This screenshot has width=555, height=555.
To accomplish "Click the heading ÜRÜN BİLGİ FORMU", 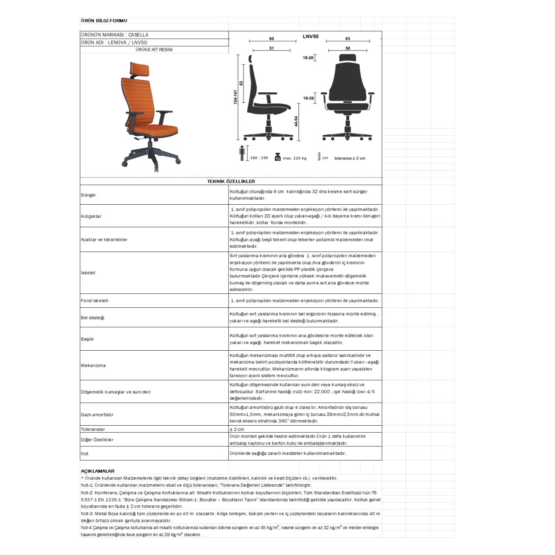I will (x=104, y=21).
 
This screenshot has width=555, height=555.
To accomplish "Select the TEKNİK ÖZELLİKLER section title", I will (x=231, y=181).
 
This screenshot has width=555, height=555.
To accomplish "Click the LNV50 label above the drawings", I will (x=310, y=36).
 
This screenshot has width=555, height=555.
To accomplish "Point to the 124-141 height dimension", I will (x=236, y=97).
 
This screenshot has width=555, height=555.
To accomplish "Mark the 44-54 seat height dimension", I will (x=296, y=121).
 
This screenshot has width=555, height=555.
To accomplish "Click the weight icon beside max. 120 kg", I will (x=277, y=157).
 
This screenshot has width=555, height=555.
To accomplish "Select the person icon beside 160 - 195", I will (x=242, y=153).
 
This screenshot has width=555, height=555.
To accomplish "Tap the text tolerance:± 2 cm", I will (x=350, y=158).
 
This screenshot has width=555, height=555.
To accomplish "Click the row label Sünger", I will (x=88, y=195).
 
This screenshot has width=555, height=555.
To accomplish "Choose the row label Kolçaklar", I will (x=91, y=216).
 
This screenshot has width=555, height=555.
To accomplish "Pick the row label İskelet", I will (x=88, y=273).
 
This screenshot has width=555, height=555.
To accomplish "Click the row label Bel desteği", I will (x=93, y=318).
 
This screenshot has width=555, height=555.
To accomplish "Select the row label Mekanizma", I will (x=93, y=366).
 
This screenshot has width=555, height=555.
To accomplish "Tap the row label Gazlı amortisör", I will (x=97, y=415).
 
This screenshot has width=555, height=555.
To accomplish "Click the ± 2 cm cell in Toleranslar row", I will (x=237, y=429).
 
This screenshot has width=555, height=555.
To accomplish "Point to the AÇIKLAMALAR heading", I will (x=97, y=471).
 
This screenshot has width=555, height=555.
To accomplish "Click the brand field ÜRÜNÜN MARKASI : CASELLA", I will (x=114, y=35).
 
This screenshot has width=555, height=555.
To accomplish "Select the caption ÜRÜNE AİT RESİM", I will (x=154, y=50).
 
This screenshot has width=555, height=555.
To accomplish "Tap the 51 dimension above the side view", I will (x=272, y=49).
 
